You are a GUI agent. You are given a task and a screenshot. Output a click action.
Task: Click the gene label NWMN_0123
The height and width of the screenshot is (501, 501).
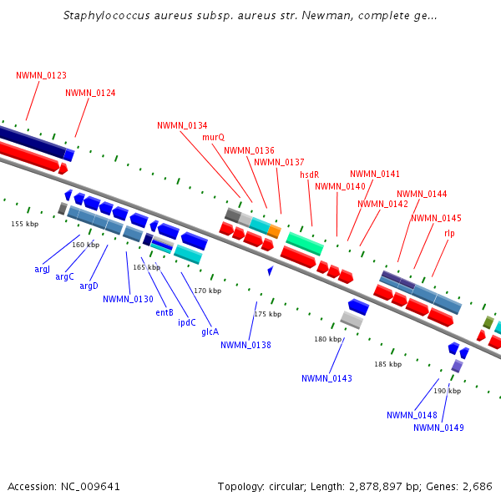coord(41,76)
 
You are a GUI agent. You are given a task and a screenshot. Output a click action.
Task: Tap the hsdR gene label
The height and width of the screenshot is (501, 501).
coord(310,175)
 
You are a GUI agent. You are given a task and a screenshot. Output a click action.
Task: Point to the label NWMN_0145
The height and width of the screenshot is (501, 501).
coord(436,219)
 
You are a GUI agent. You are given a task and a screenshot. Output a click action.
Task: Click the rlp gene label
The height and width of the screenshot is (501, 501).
coord(449,232)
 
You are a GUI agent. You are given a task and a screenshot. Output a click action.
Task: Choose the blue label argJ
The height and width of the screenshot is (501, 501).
coord(43,269)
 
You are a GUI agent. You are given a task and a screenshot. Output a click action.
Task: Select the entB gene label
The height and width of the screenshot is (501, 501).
coord(164,313)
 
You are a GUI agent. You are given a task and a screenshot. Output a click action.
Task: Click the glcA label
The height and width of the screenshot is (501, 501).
coord(210,331)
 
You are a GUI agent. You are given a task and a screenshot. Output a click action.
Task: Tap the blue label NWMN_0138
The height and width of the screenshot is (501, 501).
coord(246,345)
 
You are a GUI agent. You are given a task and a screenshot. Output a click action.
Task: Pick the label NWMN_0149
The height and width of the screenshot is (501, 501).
coord(438,428)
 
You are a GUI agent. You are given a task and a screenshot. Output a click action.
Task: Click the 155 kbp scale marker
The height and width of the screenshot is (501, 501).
coord(24,224)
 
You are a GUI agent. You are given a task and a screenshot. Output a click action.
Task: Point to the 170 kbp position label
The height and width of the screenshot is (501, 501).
coord(207,291)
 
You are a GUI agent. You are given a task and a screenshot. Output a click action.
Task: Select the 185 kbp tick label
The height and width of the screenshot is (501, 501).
coord(387,364)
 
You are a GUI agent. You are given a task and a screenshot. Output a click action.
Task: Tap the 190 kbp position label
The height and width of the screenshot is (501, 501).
coord(447,391)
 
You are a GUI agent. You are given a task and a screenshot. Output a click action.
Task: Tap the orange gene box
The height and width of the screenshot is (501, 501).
coord(274,231)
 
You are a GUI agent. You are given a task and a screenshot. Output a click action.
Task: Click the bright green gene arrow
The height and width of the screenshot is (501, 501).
coord(305,243)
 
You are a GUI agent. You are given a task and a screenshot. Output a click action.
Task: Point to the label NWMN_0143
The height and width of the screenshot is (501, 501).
coord(326,378)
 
